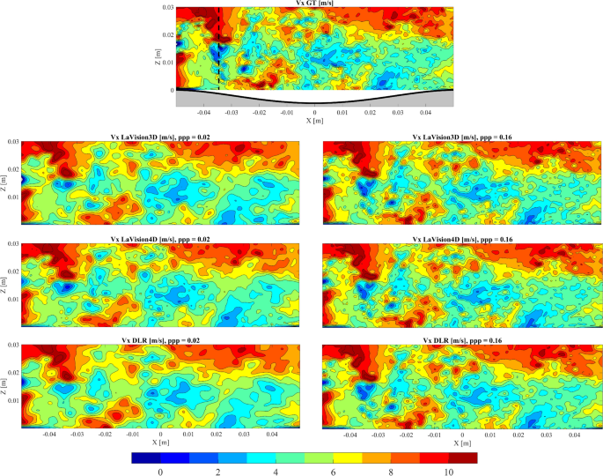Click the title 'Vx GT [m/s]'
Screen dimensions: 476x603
314,4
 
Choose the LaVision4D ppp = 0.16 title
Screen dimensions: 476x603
463,238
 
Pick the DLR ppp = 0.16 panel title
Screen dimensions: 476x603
463,339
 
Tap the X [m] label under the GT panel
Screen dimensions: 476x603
314,121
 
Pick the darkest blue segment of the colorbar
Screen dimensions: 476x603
143,457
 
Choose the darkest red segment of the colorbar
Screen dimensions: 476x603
465,457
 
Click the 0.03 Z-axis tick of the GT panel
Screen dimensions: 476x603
166,7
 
